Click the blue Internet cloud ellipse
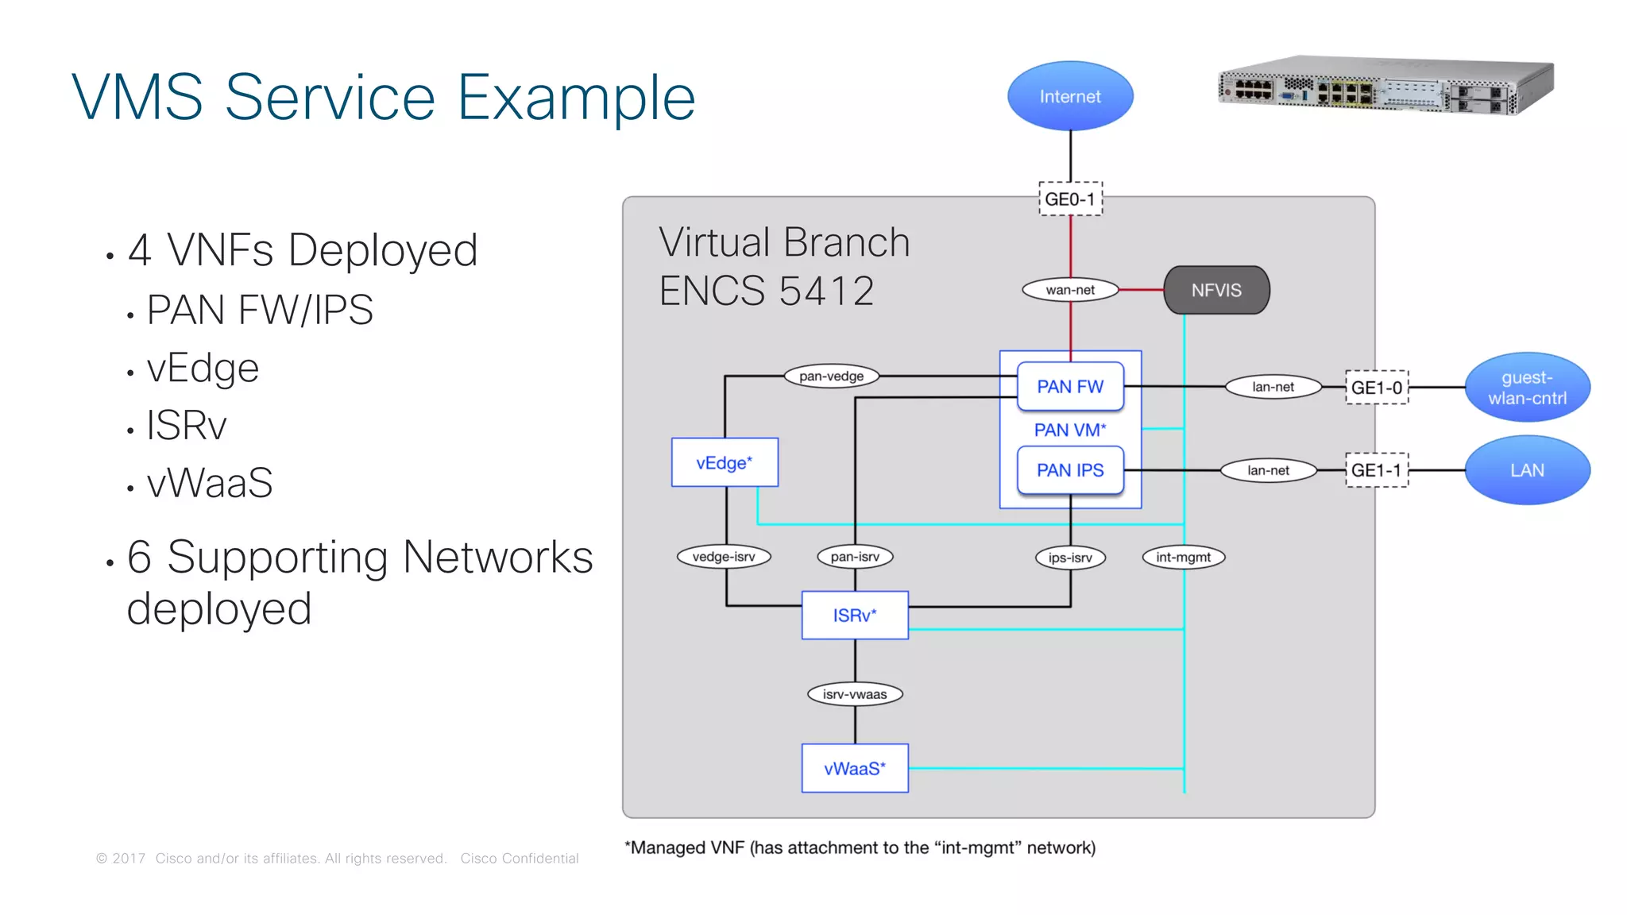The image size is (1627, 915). click(1070, 96)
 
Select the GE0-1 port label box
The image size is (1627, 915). click(1070, 199)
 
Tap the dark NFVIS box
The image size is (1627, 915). click(1216, 290)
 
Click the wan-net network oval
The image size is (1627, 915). click(1070, 290)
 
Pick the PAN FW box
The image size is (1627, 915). click(1070, 387)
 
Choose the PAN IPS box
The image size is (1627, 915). click(1070, 470)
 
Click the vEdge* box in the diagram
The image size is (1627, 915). click(725, 462)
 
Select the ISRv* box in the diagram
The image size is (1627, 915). click(855, 615)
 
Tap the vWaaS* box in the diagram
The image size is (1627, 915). click(855, 768)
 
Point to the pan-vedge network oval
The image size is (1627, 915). click(831, 376)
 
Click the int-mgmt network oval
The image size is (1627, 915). click(1183, 557)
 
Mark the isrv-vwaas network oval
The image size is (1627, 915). click(855, 694)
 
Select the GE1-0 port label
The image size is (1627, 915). click(1377, 388)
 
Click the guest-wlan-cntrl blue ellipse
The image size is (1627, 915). click(1527, 388)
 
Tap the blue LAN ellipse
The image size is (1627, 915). click(1527, 470)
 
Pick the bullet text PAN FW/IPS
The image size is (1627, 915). click(260, 310)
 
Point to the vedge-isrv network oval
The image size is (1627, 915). click(724, 557)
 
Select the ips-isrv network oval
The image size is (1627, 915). click(1070, 558)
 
